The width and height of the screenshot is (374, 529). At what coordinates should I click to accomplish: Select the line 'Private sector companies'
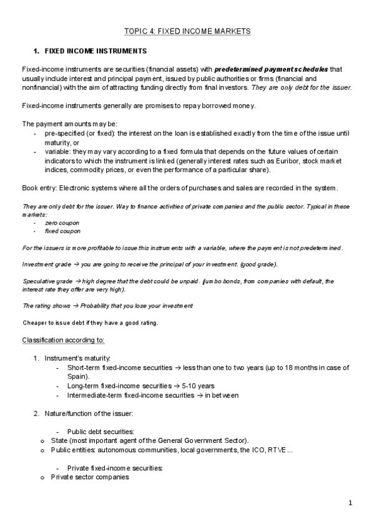(90, 477)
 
